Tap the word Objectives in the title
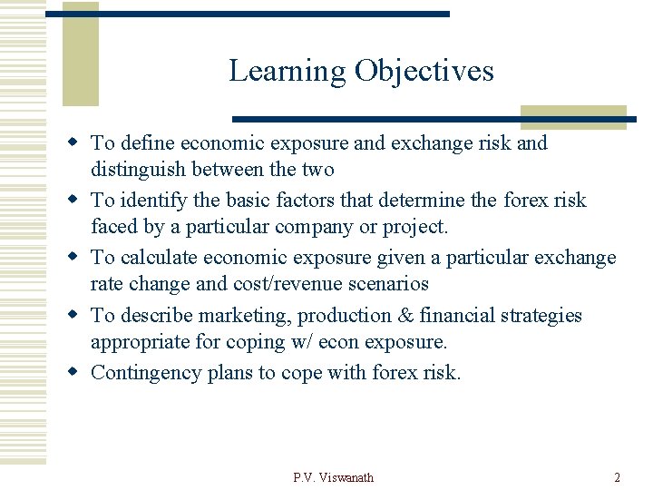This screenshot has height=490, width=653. point(424,71)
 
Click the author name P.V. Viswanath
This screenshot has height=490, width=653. point(333,477)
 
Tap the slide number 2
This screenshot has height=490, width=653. point(617,477)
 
